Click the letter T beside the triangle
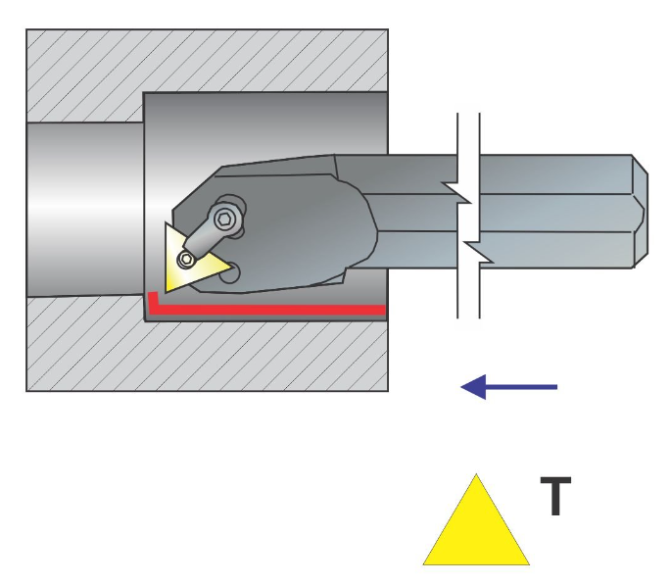[x=555, y=497]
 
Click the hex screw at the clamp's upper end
[x=228, y=218]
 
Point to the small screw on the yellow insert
[x=187, y=259]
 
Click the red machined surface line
[x=264, y=310]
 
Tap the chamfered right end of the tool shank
[x=639, y=211]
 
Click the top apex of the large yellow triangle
[x=476, y=477]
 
